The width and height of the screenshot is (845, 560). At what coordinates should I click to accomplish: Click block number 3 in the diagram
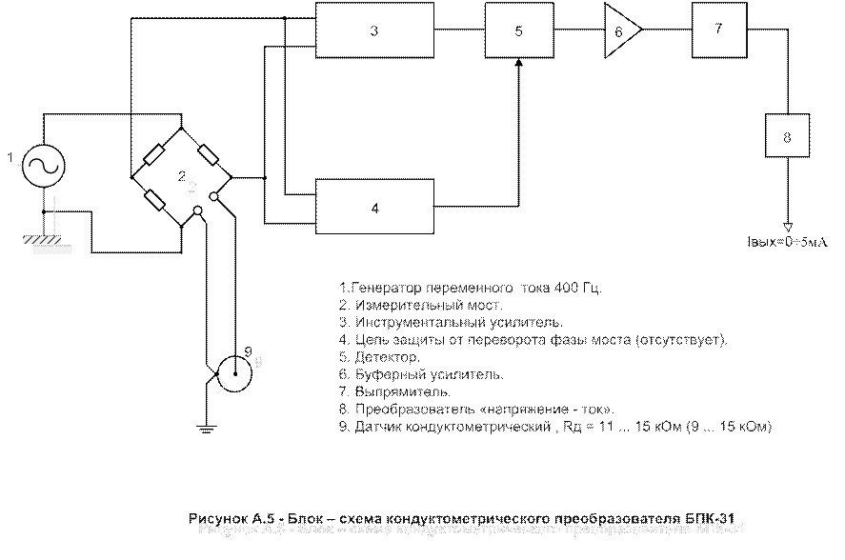pos(374,30)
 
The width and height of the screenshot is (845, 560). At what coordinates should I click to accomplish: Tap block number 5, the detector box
pos(517,30)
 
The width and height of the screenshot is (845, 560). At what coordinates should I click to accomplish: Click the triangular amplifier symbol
pos(621,30)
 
